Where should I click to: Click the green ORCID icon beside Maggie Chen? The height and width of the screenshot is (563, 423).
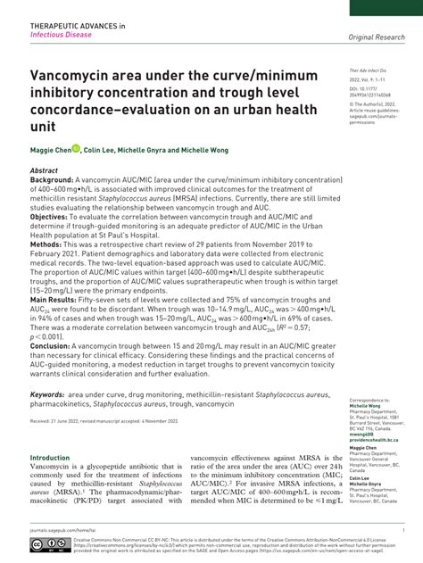(x=76, y=149)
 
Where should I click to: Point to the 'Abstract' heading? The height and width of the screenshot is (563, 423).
(x=45, y=169)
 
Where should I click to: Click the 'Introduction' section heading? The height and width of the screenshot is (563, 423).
(x=50, y=458)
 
